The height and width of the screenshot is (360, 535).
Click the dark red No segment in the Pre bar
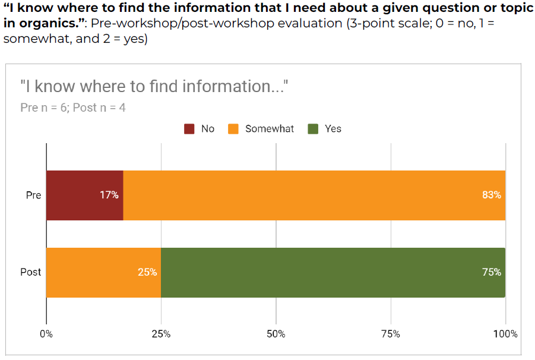click(x=84, y=195)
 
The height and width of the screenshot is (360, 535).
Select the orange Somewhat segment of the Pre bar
click(x=314, y=195)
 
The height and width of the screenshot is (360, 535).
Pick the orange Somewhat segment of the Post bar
click(x=103, y=272)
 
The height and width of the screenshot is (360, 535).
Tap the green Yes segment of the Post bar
click(x=333, y=272)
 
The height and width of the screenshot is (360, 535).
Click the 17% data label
click(x=109, y=195)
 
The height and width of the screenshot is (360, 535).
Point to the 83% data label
click(x=492, y=195)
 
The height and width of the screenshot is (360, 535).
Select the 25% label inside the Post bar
click(x=147, y=272)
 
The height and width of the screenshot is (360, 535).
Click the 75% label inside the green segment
click(x=492, y=272)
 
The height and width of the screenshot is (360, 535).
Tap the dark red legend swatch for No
click(x=189, y=129)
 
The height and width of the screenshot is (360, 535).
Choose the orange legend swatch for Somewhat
click(x=234, y=129)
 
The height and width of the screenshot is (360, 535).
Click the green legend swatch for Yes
click(x=313, y=129)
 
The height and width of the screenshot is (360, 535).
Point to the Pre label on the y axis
click(x=34, y=195)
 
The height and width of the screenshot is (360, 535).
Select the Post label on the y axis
click(x=31, y=272)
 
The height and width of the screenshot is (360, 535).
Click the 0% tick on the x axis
click(x=46, y=334)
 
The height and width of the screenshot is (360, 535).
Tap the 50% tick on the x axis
click(x=276, y=334)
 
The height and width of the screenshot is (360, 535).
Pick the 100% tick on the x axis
click(x=505, y=334)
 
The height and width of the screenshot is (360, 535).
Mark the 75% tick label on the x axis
click(x=391, y=334)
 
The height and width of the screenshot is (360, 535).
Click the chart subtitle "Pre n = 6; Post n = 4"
click(x=72, y=108)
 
